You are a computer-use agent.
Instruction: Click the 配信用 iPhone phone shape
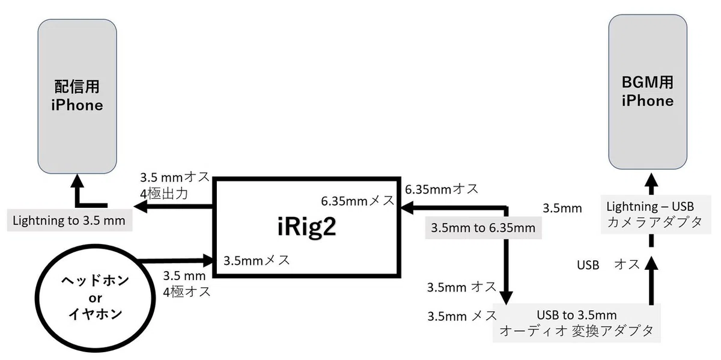78,96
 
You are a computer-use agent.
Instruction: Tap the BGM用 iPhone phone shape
648,92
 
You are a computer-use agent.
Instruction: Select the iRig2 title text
307,227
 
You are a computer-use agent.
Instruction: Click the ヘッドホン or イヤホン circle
96,298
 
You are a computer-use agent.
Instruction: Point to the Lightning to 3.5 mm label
70,221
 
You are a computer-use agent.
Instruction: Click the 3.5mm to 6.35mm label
483,228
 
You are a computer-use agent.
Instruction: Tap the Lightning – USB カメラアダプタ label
656,214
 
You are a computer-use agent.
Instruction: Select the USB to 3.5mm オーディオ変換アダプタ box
576,323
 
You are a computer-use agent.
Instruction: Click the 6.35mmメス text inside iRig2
357,201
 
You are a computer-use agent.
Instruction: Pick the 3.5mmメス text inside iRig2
257,260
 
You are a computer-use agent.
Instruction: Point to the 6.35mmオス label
442,189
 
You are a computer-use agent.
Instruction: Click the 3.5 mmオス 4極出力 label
175,186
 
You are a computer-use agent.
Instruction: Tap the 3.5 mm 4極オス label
187,284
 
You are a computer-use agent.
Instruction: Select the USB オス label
608,264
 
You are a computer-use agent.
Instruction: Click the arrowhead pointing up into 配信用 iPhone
78,180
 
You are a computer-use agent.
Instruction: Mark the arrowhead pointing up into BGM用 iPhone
651,179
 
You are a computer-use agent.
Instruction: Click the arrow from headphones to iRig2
175,260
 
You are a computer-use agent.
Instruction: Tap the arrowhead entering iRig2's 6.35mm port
407,208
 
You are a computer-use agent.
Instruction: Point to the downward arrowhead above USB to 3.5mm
506,298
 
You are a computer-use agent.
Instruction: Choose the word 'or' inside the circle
96,298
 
